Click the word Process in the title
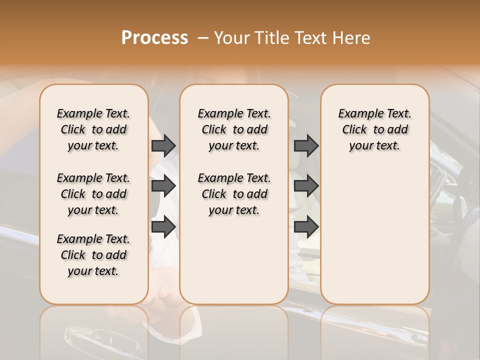point(154,37)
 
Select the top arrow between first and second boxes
point(163,145)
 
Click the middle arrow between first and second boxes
point(163,186)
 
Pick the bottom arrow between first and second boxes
point(163,226)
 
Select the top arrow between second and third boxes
point(306,145)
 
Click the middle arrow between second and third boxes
point(306,186)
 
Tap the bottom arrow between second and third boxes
point(306,226)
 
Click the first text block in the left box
point(93,129)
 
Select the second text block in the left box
point(93,194)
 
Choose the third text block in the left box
point(93,255)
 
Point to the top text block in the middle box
point(234,129)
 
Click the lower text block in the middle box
point(234,194)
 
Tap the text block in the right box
point(375,129)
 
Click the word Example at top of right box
point(356,114)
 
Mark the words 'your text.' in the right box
point(375,145)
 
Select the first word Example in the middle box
point(216,114)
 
